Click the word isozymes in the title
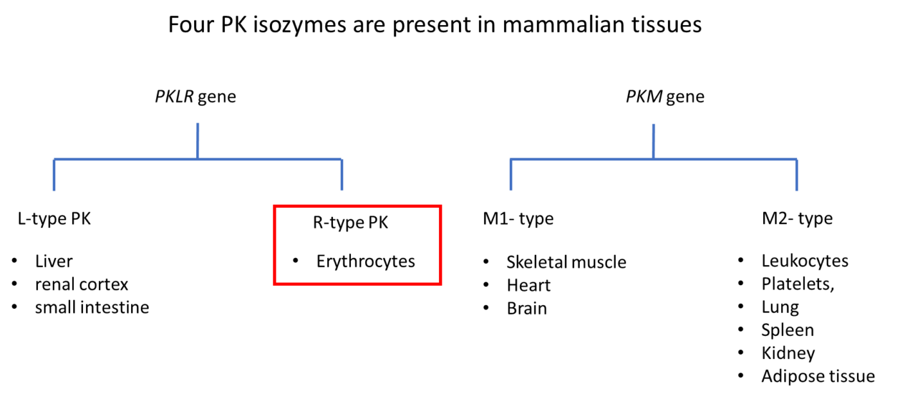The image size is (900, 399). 300,25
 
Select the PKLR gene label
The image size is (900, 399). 195,97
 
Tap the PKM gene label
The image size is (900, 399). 665,97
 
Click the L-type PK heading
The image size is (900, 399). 54,219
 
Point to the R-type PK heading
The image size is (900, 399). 350,223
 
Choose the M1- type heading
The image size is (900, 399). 518,219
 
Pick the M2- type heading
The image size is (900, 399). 797,218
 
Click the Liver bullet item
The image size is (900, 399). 54,261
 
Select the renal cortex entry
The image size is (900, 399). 82,284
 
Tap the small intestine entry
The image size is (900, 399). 92,308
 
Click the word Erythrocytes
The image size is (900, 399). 366,262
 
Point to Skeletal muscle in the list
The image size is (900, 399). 566,263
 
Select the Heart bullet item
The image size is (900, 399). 528,286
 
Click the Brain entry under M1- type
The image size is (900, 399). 526,309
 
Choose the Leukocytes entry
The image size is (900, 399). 805,261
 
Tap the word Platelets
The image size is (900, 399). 797,284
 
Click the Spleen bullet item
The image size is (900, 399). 788,331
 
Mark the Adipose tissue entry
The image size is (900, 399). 818,377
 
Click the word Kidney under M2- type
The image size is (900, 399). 788,353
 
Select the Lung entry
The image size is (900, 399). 780,308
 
